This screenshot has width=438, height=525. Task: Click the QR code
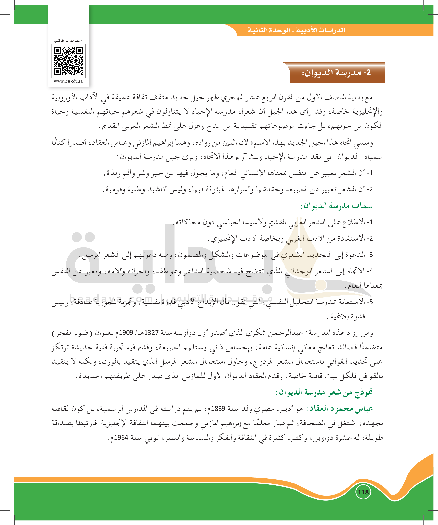68,61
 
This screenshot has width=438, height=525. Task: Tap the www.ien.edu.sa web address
68,81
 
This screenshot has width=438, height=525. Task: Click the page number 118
363,492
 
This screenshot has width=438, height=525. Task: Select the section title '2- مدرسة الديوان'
336,73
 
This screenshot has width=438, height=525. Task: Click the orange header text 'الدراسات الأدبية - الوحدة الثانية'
296,30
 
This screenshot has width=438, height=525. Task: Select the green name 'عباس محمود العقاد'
341,408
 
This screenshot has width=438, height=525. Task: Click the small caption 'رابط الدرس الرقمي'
68,41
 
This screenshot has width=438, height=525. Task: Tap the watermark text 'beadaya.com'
110,298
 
